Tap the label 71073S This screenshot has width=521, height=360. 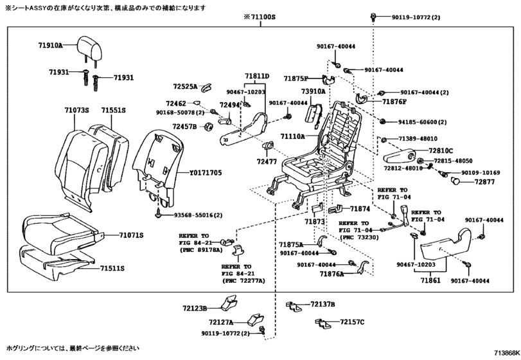coord(76,111)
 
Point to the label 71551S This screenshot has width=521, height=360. coord(112,111)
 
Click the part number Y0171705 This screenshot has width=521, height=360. coord(205,173)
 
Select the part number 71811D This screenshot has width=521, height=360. coord(256,76)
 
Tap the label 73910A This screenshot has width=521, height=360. coord(313,93)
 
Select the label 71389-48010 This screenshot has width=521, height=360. coord(416,139)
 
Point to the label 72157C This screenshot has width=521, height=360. coord(352,321)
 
